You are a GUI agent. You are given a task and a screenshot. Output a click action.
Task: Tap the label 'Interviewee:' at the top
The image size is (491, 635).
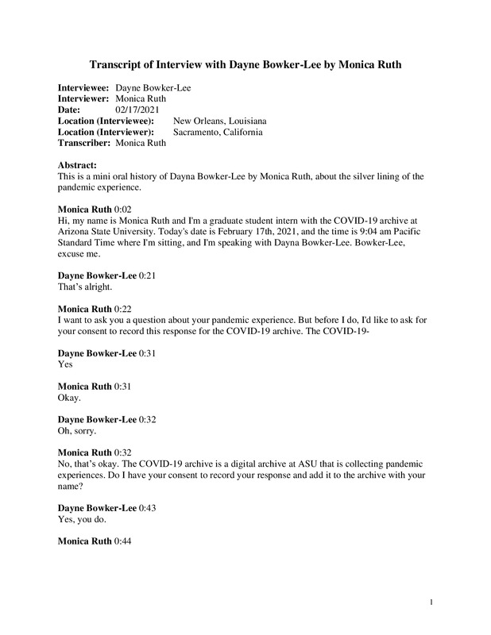[84, 87]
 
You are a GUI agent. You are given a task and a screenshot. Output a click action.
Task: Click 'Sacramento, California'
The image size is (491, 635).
[218, 132]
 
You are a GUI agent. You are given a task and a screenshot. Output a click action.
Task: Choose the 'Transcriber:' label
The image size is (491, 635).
[84, 143]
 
